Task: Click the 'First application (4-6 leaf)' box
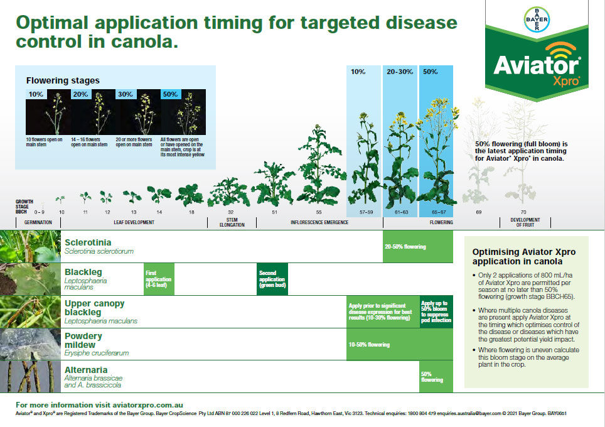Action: (x=159, y=278)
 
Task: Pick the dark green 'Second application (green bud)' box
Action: (x=272, y=278)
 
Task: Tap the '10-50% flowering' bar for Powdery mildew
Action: (x=399, y=344)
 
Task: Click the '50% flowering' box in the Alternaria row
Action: (x=436, y=376)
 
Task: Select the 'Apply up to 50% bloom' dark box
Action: (x=436, y=311)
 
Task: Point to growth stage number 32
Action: (x=231, y=213)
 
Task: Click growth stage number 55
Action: (x=319, y=213)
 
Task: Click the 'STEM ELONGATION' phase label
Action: (x=232, y=222)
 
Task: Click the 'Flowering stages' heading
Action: (x=63, y=80)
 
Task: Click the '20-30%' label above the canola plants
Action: (x=400, y=72)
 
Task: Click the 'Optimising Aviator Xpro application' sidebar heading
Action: (x=523, y=256)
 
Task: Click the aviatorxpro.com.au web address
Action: (x=148, y=405)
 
